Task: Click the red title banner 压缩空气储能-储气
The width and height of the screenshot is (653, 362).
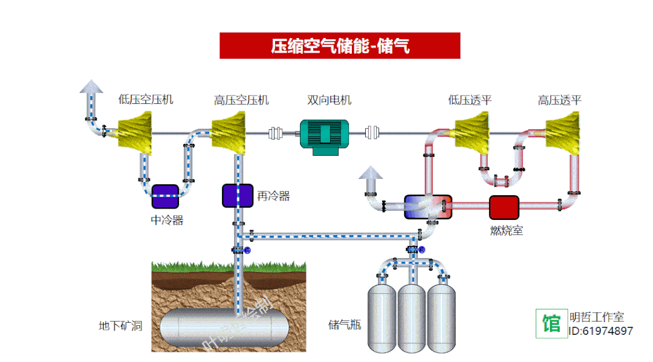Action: [x=340, y=45]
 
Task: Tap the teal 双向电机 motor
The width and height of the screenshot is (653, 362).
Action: [x=325, y=136]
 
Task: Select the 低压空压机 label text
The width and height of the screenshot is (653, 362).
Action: [x=146, y=100]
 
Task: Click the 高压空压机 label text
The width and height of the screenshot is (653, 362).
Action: [x=241, y=100]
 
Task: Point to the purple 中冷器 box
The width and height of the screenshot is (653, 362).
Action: [x=165, y=196]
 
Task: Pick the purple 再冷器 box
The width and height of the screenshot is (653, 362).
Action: [x=237, y=195]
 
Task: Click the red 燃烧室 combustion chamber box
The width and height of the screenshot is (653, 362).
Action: [x=504, y=207]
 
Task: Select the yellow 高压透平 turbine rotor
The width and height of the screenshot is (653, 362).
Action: [x=563, y=134]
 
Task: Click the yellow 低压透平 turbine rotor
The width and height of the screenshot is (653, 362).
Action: [x=471, y=134]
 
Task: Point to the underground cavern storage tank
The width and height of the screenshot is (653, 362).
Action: [x=224, y=326]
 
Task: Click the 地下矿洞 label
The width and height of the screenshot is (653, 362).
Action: [x=120, y=326]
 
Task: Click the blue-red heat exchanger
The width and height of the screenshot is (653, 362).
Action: [x=427, y=206]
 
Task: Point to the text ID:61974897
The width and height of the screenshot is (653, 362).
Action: [x=600, y=331]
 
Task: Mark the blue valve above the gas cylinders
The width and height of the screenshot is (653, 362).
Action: [x=421, y=249]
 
